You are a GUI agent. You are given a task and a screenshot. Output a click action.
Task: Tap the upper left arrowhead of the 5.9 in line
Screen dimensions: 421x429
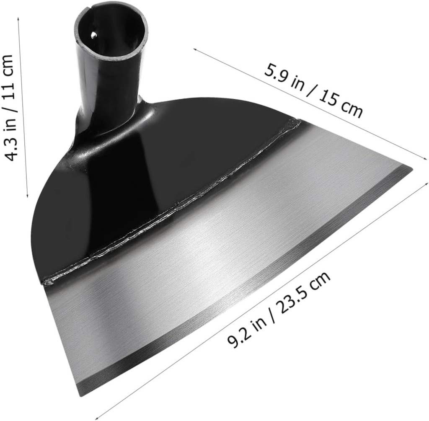coord(194,49)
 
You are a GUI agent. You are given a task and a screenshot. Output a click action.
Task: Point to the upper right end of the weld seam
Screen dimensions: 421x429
coord(298,121)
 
